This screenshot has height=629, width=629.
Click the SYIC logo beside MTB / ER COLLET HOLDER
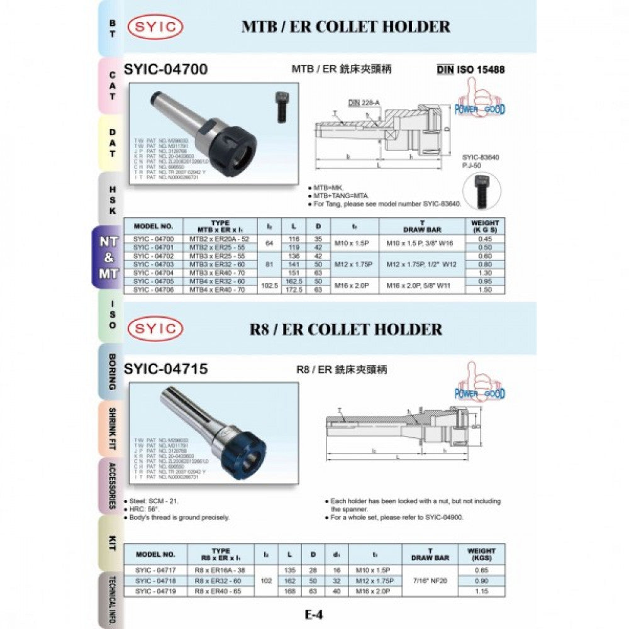pos(155,27)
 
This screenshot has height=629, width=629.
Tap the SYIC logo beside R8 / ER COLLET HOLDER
pos(155,329)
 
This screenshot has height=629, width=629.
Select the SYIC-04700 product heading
pos(166,69)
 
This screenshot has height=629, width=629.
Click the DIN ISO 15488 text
pos(470,70)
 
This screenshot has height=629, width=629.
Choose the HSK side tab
pos(112,199)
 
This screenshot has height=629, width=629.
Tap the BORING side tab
pos(112,372)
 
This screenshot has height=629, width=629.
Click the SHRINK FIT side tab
pos(112,428)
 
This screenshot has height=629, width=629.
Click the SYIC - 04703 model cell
pos(153,265)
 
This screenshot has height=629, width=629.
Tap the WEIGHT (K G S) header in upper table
pos(485,226)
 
